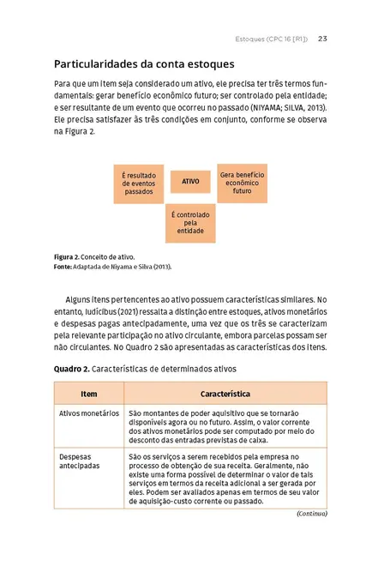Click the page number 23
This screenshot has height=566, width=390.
pos(322,39)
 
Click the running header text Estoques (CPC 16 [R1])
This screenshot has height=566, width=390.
pos(273,39)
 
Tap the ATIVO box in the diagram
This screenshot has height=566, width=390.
pos(190,182)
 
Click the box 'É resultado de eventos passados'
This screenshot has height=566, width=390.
pos(139,183)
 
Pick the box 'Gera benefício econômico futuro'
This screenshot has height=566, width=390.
pos(242,182)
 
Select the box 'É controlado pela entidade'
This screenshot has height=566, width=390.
pos(190,223)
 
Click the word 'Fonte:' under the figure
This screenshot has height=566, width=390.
pos(65,267)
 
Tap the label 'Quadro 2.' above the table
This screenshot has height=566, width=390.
pos(70,369)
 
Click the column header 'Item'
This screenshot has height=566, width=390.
pos(88,394)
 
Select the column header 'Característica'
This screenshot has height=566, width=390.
pos(225,394)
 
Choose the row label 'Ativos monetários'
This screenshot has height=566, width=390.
pos(88,412)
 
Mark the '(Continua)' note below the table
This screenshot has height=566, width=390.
pos(310,514)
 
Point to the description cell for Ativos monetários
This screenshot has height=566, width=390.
pos(225,425)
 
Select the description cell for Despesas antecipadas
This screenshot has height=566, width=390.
pos(225,479)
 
